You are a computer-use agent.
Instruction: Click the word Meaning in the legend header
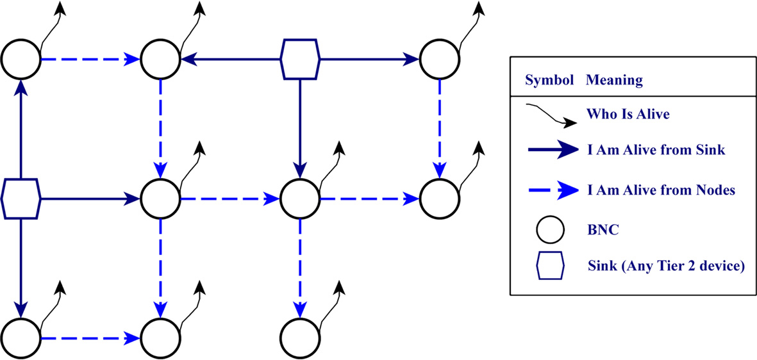click(x=614, y=81)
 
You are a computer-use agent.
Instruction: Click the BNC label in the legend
click(x=602, y=230)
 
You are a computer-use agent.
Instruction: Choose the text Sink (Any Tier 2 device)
click(x=665, y=265)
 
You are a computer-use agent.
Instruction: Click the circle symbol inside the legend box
click(x=550, y=230)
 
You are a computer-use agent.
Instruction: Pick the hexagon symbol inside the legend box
click(x=550, y=265)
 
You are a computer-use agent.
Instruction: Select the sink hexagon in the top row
click(x=300, y=60)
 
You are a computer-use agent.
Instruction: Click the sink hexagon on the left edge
click(x=21, y=199)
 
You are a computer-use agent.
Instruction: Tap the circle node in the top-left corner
click(x=21, y=60)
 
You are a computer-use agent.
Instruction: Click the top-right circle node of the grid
click(x=439, y=60)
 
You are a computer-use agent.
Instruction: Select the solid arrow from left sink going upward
click(x=21, y=128)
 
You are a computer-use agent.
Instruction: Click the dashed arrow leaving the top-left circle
click(x=90, y=60)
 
